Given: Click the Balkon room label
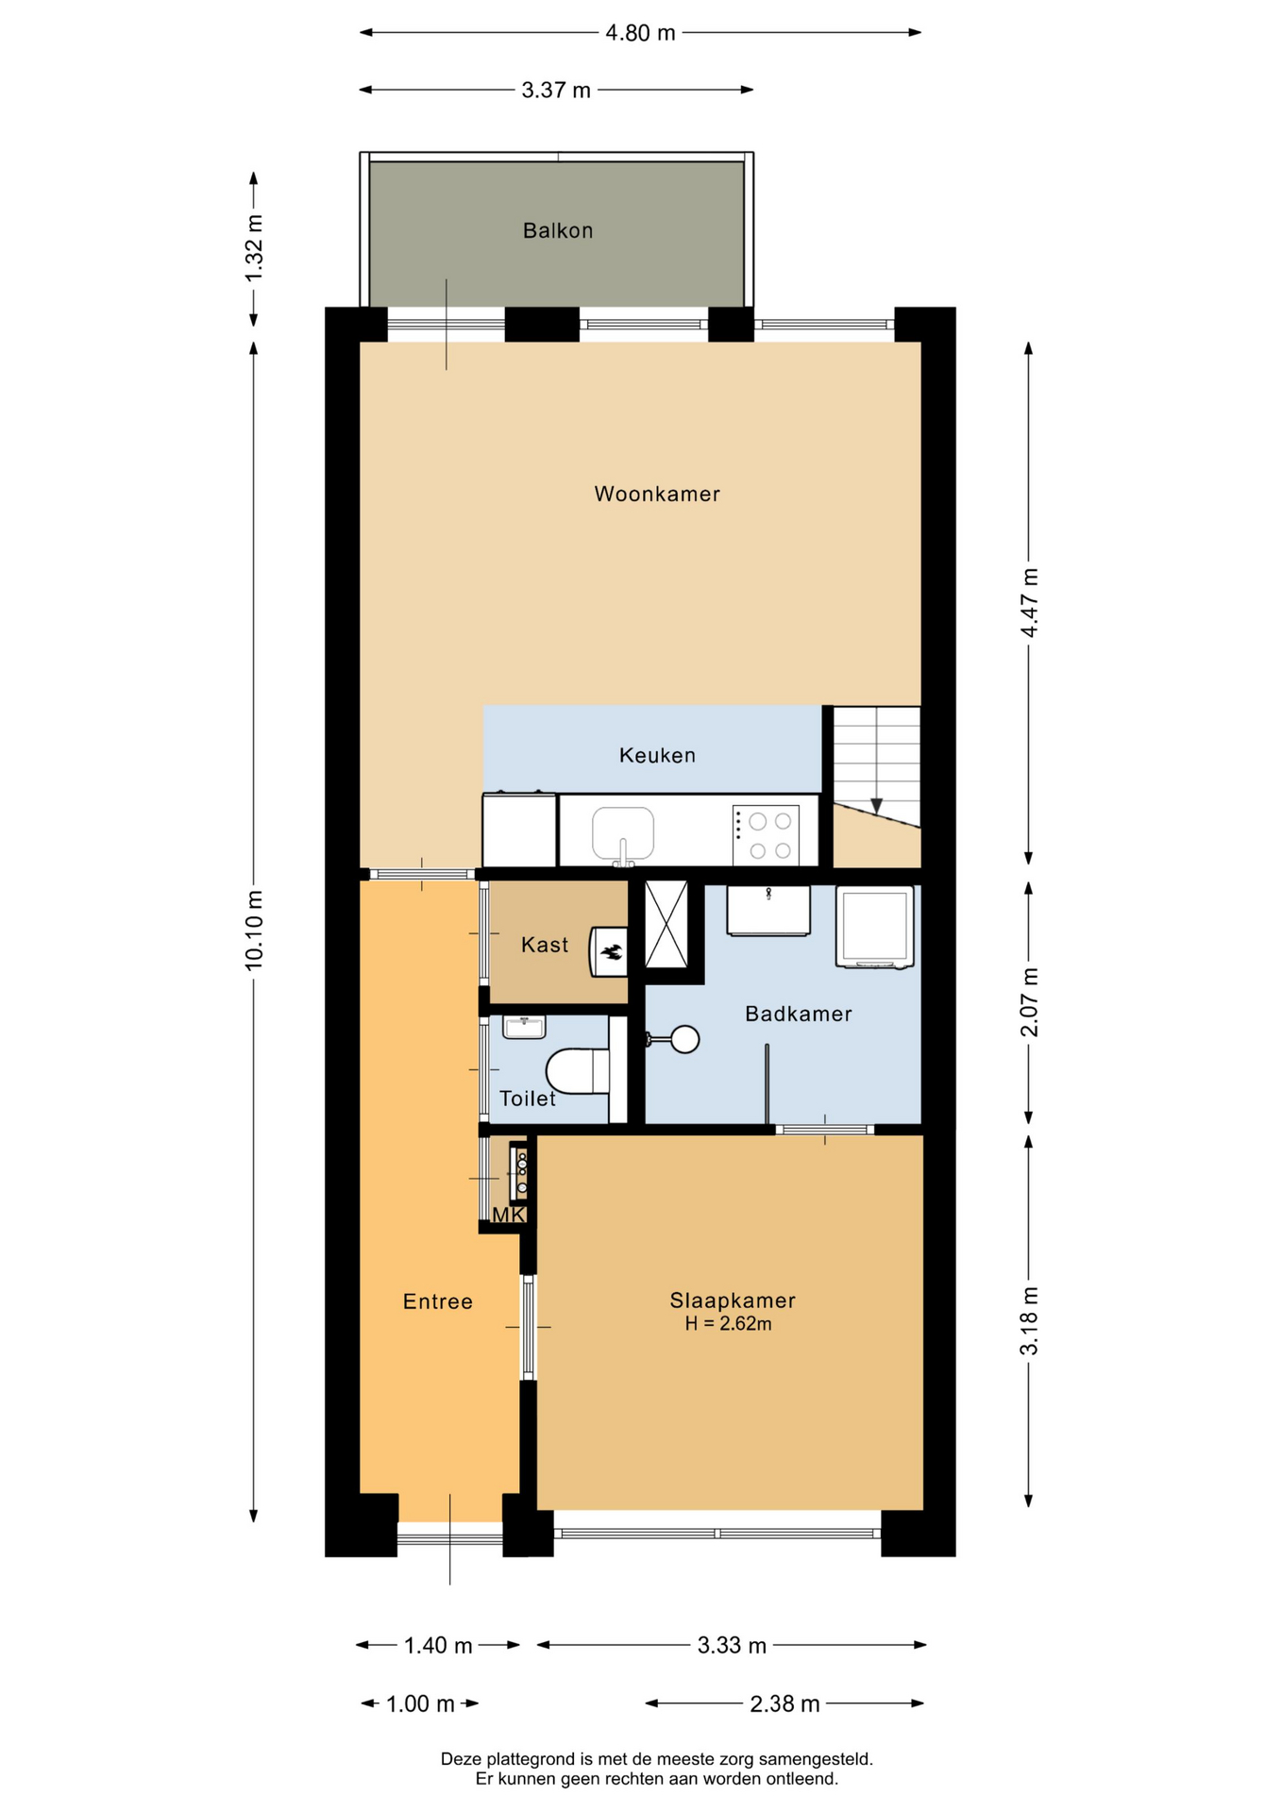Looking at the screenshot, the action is (x=558, y=230).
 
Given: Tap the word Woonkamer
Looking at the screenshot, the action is (x=657, y=494).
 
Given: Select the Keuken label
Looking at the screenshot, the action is (x=657, y=755).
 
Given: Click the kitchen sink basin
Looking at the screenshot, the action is (x=623, y=833).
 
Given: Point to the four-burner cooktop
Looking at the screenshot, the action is (x=766, y=835).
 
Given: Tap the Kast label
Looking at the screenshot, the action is (x=545, y=945).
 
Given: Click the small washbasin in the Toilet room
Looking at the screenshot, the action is (x=524, y=1027).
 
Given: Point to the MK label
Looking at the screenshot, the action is (x=508, y=1216).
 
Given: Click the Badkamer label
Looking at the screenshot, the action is (x=799, y=1014).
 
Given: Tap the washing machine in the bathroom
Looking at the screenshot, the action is (x=874, y=927).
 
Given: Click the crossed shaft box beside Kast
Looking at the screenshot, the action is (x=666, y=924).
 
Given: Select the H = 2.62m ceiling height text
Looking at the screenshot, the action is (x=729, y=1324).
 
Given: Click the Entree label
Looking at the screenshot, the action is (x=438, y=1301).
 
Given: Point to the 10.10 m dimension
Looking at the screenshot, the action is (x=253, y=930).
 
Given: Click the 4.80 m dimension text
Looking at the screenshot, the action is (x=641, y=33).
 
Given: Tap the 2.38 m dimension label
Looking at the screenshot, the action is (x=784, y=1703).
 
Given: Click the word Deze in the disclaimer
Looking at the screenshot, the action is (x=460, y=1759).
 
